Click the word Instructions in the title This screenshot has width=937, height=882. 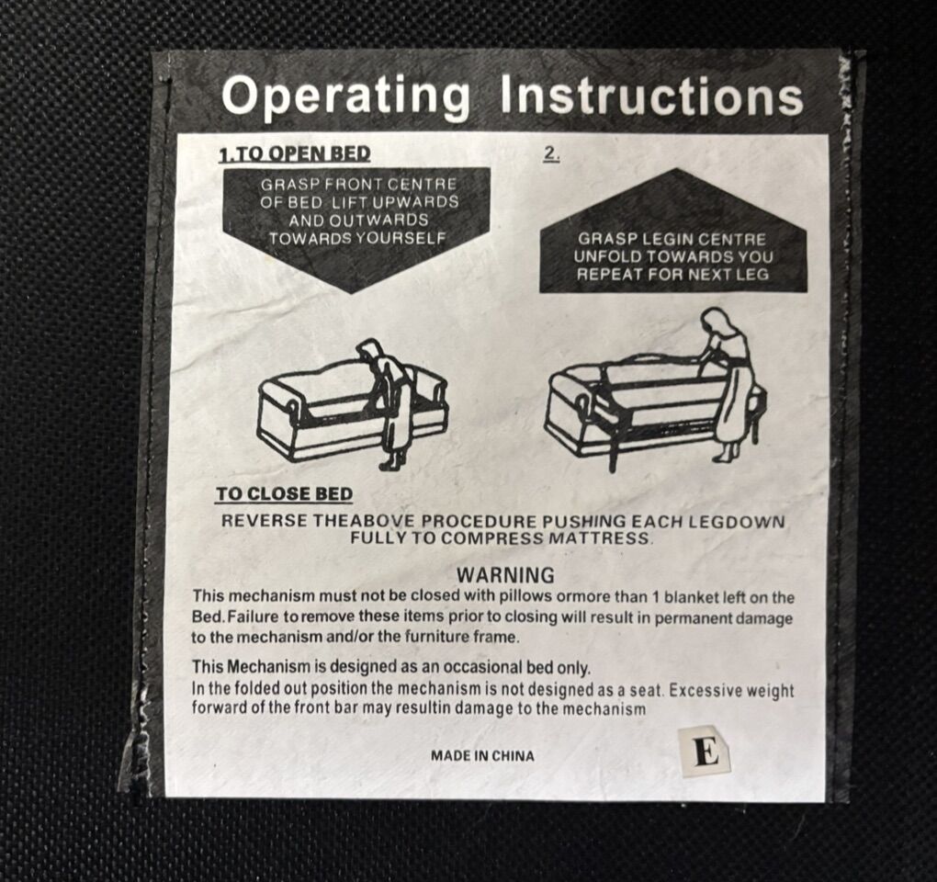pyautogui.click(x=652, y=96)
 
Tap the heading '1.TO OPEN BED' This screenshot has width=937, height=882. pyautogui.click(x=295, y=153)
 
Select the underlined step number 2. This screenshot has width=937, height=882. pyautogui.click(x=551, y=153)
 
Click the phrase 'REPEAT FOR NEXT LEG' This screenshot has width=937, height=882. pyautogui.click(x=672, y=275)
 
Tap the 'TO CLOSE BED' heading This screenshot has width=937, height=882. pyautogui.click(x=285, y=494)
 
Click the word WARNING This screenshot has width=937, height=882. pyautogui.click(x=505, y=575)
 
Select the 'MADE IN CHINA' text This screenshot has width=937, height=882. pyautogui.click(x=483, y=756)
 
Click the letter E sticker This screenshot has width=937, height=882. pyautogui.click(x=706, y=752)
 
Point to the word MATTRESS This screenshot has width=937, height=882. pyautogui.click(x=599, y=537)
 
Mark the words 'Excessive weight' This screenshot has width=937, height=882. pyautogui.click(x=731, y=691)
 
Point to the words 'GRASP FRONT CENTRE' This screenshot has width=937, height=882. pyautogui.click(x=358, y=185)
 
